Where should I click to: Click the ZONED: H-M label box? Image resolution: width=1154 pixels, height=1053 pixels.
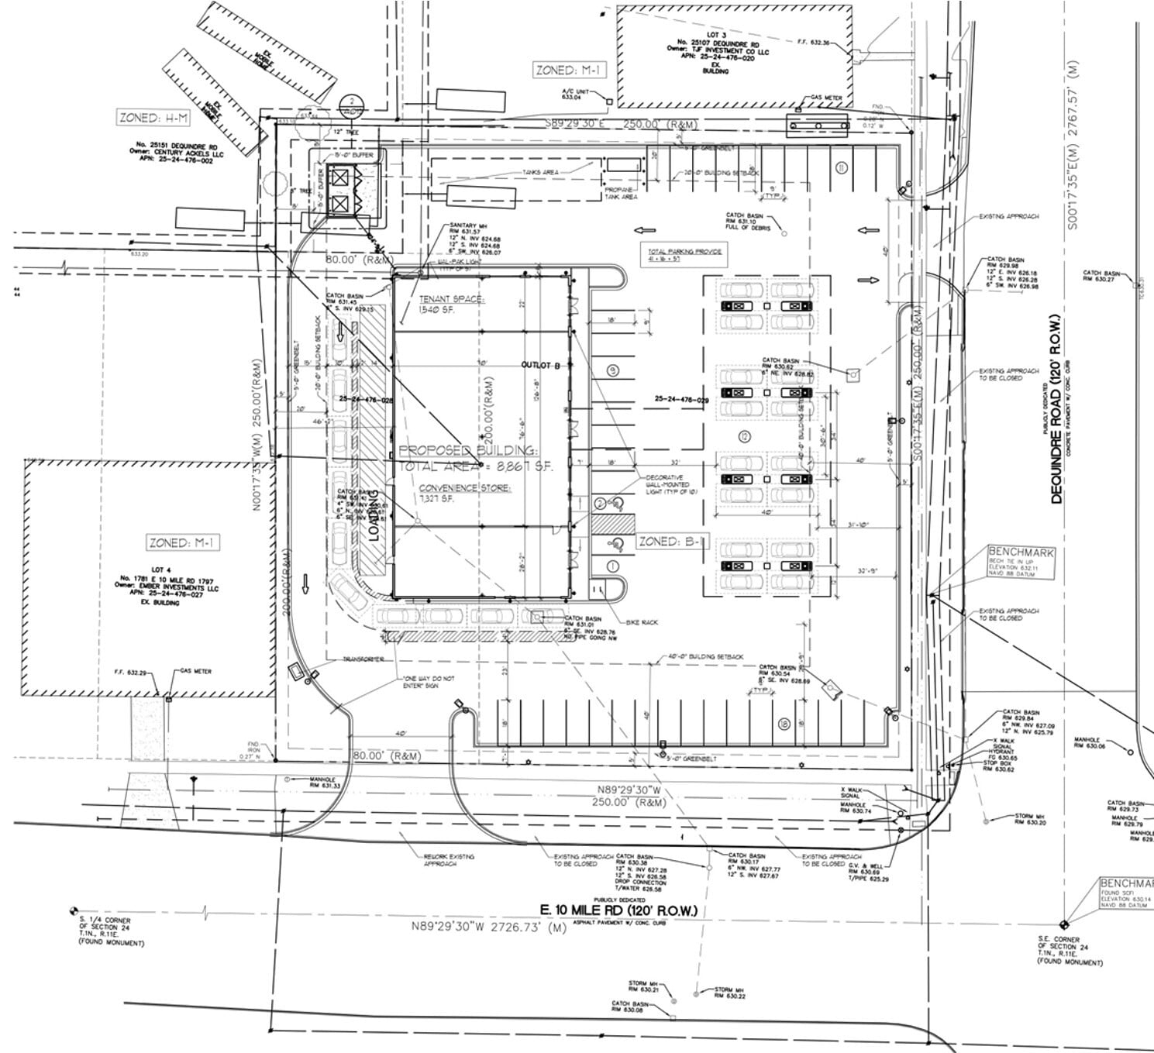[153, 118]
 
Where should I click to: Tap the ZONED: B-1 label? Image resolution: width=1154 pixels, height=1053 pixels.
[672, 542]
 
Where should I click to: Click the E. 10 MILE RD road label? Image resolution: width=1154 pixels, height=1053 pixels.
[620, 910]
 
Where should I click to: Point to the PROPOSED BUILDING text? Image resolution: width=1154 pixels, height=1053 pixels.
[467, 451]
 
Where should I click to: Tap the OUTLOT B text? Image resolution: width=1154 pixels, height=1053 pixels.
[540, 364]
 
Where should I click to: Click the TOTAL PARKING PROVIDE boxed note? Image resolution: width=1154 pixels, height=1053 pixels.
[685, 256]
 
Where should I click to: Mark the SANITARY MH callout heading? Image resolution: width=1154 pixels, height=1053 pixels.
[467, 225]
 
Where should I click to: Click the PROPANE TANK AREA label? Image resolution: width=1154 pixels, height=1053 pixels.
[621, 193]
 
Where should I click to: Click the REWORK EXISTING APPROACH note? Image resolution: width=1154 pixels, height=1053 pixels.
[450, 860]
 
